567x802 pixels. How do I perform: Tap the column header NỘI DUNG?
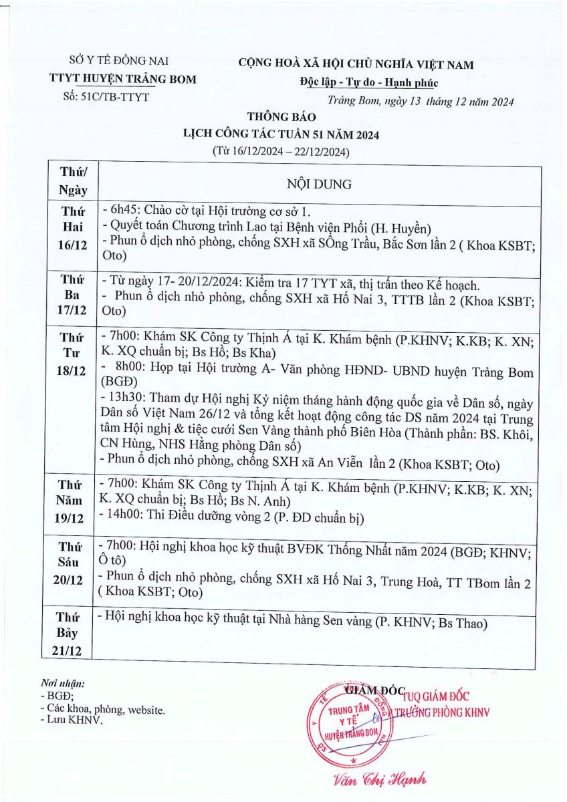pos(319,184)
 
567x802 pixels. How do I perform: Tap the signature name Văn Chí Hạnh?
pos(380,779)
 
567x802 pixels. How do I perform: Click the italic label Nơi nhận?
pos(63,684)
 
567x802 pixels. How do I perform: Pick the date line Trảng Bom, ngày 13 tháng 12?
pos(421,102)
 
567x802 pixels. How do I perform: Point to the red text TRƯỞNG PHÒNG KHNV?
pos(441,712)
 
